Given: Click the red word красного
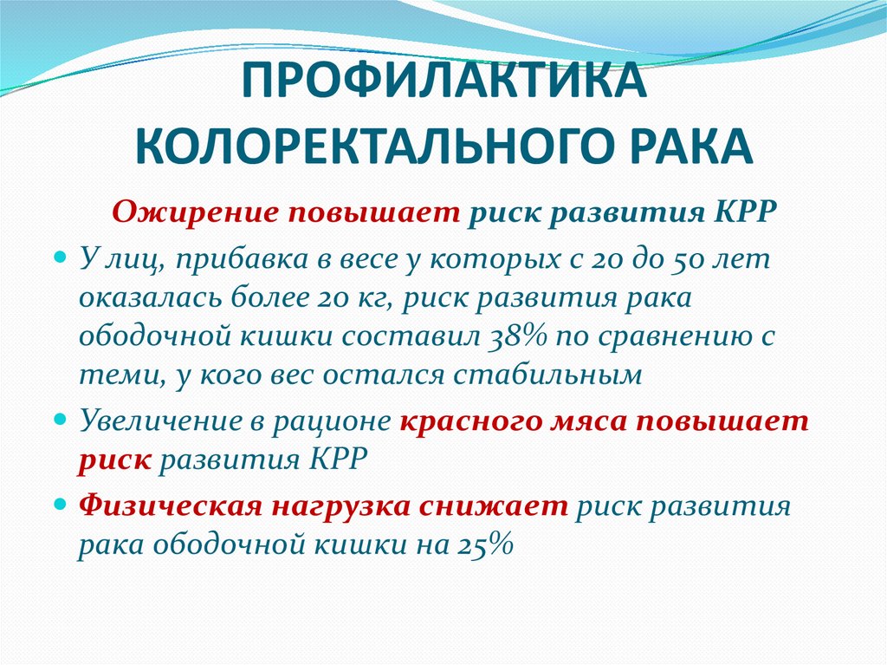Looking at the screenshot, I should [472, 421].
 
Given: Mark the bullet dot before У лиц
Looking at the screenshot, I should [60, 258].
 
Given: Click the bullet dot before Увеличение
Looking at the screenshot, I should [60, 421].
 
